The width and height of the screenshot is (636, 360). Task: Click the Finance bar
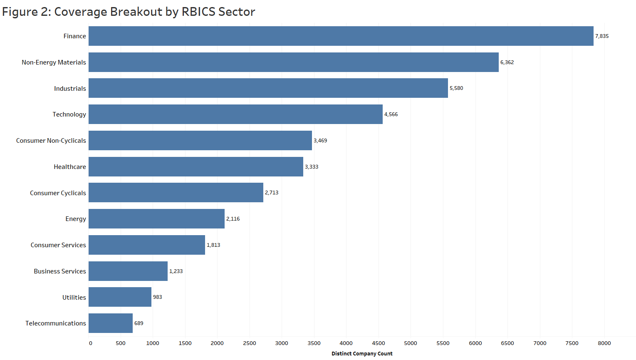coord(341,36)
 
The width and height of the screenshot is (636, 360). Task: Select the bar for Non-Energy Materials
coord(294,62)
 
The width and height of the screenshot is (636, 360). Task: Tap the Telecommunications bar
coord(111,323)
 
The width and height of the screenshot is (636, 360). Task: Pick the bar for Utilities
coord(120,297)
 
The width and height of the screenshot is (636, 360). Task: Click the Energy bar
coord(156,219)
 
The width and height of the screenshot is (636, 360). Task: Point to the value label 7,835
coord(602,36)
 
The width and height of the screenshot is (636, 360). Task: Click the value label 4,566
coord(391,114)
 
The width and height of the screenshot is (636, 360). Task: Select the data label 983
coord(158,297)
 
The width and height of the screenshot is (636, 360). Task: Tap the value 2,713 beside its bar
coord(272,193)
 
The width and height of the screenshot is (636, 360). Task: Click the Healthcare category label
coord(70,167)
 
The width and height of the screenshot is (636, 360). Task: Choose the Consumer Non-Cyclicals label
coord(51,141)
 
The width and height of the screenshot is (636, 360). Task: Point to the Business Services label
coord(60,271)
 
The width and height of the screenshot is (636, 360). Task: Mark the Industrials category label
coord(70,89)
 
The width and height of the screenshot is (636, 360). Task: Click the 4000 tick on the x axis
coord(346,343)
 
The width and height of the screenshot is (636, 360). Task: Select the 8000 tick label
coord(604,343)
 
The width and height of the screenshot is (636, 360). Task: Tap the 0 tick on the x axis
coord(91,343)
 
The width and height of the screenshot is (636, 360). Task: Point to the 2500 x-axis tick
coord(250,343)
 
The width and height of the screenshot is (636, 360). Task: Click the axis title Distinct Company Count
coord(362,354)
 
